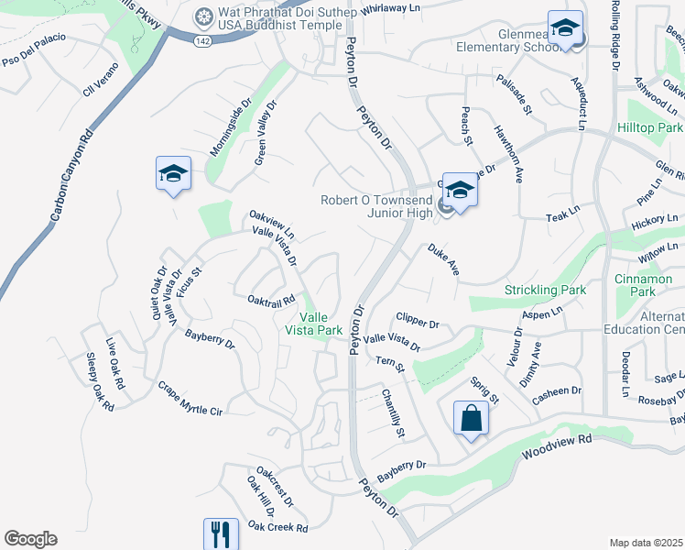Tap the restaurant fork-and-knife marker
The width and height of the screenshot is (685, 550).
point(221,533)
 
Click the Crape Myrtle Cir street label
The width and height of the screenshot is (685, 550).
point(190,399)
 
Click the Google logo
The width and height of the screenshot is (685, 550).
point(30,539)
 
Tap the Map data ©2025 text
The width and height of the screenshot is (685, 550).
point(647,543)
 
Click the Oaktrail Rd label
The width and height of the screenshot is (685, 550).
point(271,300)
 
